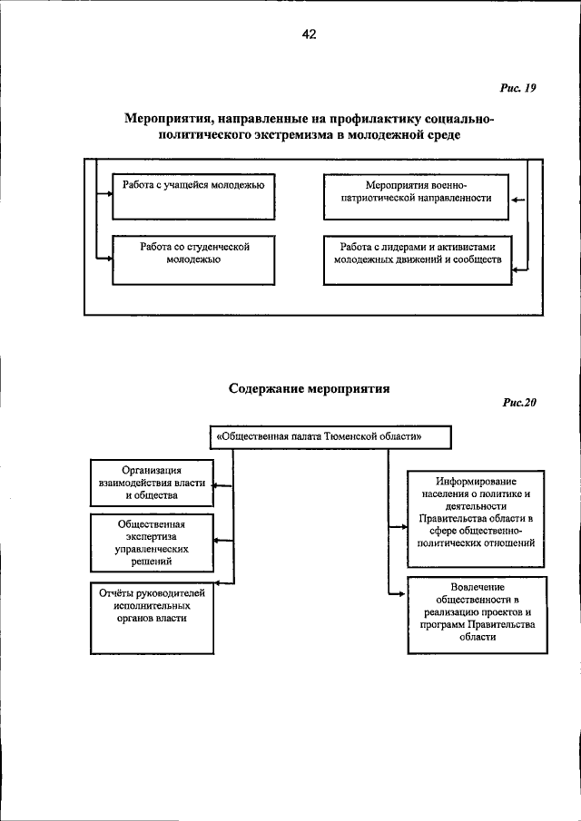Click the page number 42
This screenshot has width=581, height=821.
coord(309,34)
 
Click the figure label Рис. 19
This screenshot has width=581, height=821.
coord(517,88)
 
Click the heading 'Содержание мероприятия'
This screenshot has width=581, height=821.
coord(309,388)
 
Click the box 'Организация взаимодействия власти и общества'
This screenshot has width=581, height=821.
coord(152,484)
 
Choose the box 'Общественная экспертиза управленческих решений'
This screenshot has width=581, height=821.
coord(152,543)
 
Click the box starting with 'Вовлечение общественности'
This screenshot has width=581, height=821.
coord(477,614)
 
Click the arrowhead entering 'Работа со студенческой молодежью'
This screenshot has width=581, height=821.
coord(109,259)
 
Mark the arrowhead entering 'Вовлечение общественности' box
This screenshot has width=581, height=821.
coord(402,594)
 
